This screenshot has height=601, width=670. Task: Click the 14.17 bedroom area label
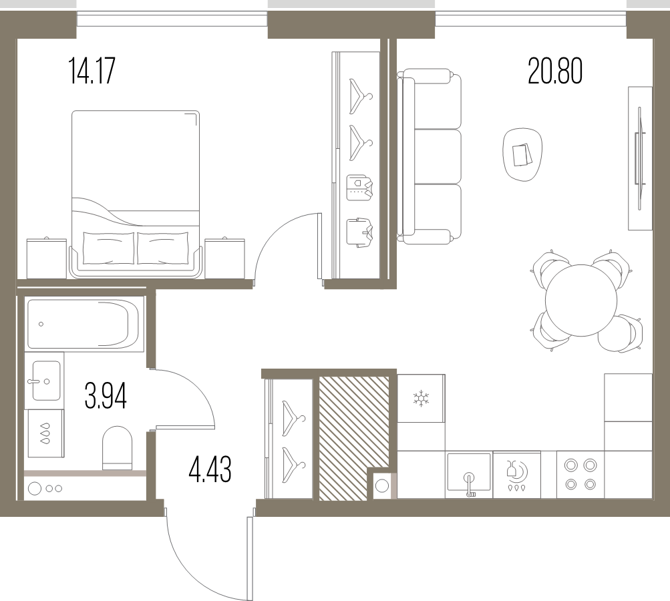click(92, 71)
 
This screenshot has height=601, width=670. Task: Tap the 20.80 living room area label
click(555, 71)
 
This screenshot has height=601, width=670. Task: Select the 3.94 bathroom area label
click(106, 395)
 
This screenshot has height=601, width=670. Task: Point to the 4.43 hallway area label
click(210, 469)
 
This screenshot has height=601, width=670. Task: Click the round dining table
click(582, 300)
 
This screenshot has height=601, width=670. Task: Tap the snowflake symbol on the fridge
click(421, 398)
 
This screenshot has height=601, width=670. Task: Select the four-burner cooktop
click(580, 474)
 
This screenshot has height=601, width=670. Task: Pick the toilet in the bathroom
click(117, 447)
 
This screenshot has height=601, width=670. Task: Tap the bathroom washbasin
click(45, 381)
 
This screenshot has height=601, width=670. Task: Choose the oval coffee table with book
click(522, 154)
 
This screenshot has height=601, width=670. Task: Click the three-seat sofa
click(430, 156)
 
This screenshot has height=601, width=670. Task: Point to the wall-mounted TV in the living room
click(640, 158)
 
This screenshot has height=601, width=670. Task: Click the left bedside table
click(46, 258)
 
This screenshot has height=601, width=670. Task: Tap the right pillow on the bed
click(163, 248)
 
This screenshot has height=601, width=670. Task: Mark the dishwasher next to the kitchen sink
click(516, 475)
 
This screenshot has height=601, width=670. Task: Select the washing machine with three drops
click(45, 433)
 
